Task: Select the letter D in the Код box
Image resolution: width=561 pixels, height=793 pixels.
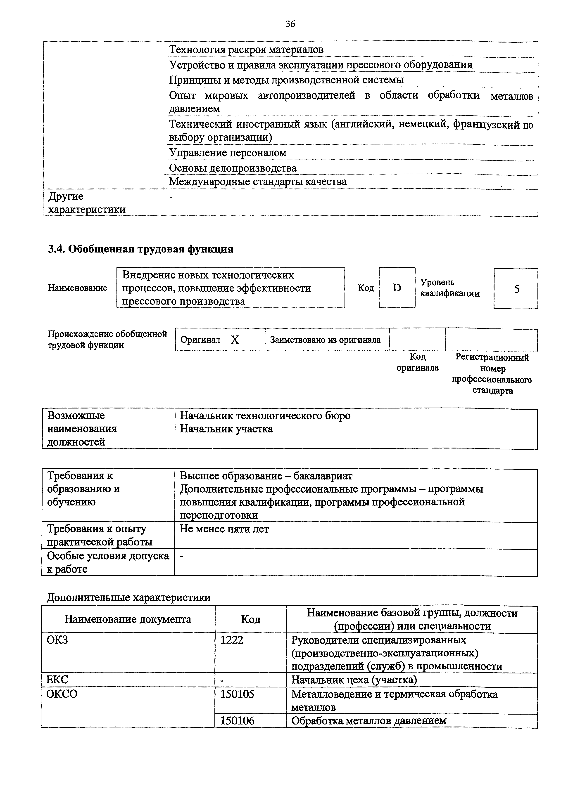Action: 397,288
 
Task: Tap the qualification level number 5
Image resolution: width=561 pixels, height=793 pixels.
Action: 516,289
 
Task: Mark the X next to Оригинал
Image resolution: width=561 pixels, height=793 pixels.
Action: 235,340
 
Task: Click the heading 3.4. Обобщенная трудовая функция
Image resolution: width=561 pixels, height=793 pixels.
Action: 140,249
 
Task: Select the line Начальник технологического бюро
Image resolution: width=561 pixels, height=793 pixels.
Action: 265,415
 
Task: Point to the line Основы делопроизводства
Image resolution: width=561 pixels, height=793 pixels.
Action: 233,168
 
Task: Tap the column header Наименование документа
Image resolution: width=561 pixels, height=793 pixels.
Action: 128,619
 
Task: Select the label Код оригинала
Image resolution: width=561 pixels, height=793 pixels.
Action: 418,362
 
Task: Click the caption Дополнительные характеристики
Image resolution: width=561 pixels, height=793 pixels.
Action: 128,597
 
